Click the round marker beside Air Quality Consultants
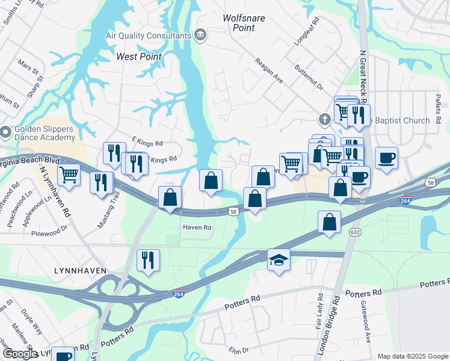[201, 35]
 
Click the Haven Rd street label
[197, 228]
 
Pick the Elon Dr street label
[238, 350]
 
